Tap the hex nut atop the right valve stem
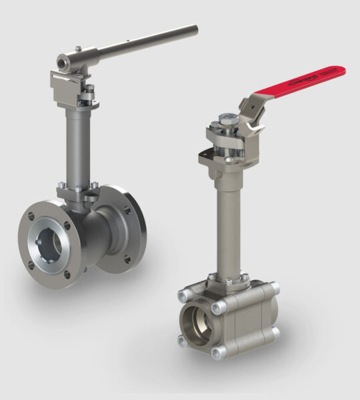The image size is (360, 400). point(227,122)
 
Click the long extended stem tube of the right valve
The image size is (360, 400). point(225,220)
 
